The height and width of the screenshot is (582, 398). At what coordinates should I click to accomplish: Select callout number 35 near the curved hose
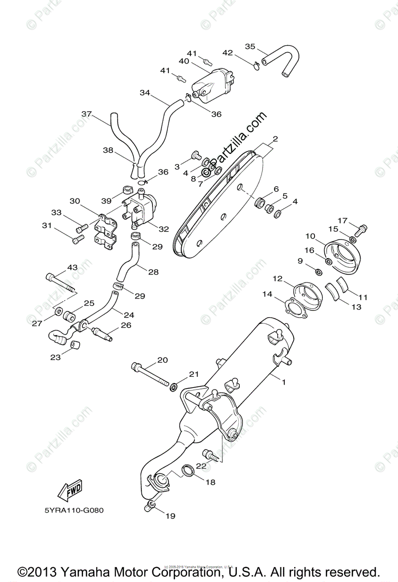(x=250, y=47)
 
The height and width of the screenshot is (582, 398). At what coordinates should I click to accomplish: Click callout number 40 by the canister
(x=183, y=61)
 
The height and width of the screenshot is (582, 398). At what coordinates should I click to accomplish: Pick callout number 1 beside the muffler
(x=284, y=382)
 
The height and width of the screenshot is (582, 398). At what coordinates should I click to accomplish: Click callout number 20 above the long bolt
(x=163, y=360)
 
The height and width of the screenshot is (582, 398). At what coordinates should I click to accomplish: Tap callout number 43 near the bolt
(x=72, y=268)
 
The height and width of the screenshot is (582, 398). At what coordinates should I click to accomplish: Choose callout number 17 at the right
(x=342, y=221)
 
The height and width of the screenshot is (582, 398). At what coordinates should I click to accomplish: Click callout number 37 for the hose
(x=86, y=114)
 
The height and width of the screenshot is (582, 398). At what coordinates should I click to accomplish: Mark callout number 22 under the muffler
(x=201, y=466)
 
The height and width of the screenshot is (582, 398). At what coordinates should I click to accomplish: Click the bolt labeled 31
(x=76, y=239)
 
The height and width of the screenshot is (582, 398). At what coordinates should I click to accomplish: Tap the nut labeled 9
(x=317, y=270)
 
